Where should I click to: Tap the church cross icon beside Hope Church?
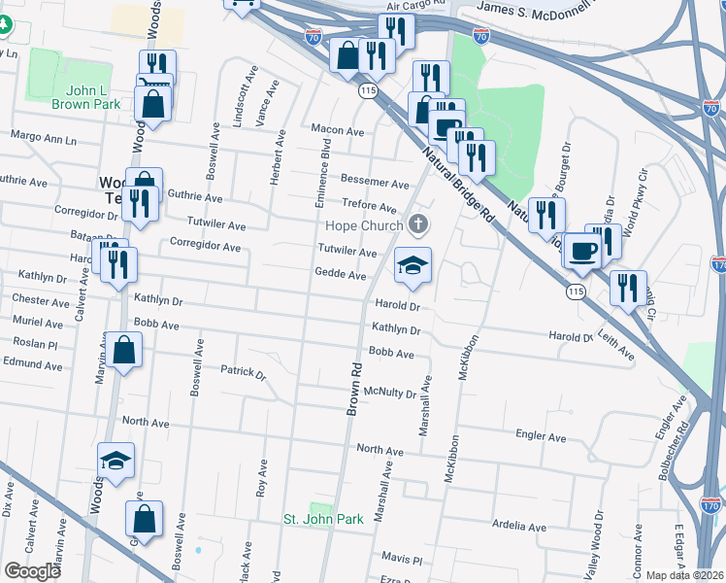click(x=419, y=225)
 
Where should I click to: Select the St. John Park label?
click(x=323, y=519)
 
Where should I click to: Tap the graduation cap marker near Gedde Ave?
click(x=412, y=265)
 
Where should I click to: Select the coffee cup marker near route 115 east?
click(x=582, y=251)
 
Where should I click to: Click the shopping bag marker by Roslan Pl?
click(x=125, y=350)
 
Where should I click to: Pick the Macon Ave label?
click(x=337, y=130)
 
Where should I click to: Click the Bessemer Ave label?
click(x=376, y=183)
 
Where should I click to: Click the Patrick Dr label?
click(x=243, y=371)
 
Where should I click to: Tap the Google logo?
click(x=32, y=572)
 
